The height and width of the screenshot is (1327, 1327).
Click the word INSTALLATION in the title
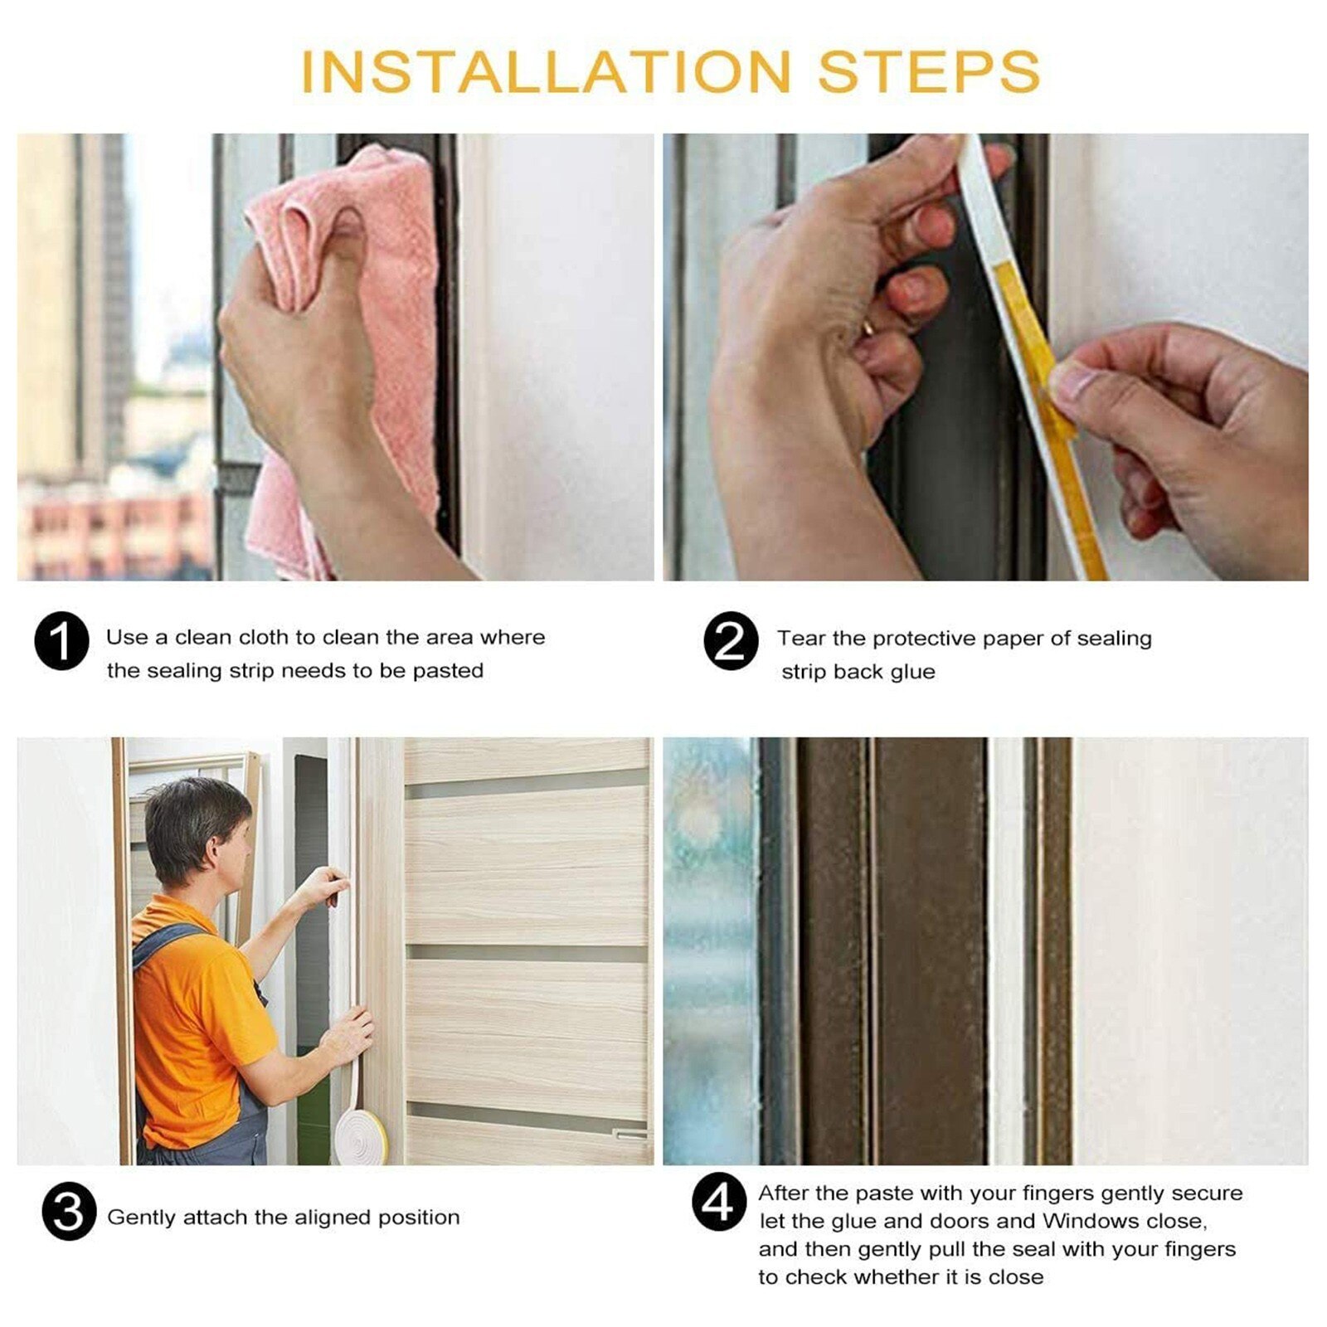click(546, 71)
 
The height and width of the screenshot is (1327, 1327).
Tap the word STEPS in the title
click(929, 71)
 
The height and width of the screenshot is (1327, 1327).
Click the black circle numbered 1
click(61, 641)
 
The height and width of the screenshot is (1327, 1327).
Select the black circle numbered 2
click(731, 641)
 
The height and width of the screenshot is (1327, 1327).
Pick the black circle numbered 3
click(70, 1212)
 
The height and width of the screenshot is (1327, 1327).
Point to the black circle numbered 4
click(719, 1202)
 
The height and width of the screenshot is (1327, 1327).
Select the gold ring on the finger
click(868, 326)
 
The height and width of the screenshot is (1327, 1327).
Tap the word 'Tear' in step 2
click(801, 639)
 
